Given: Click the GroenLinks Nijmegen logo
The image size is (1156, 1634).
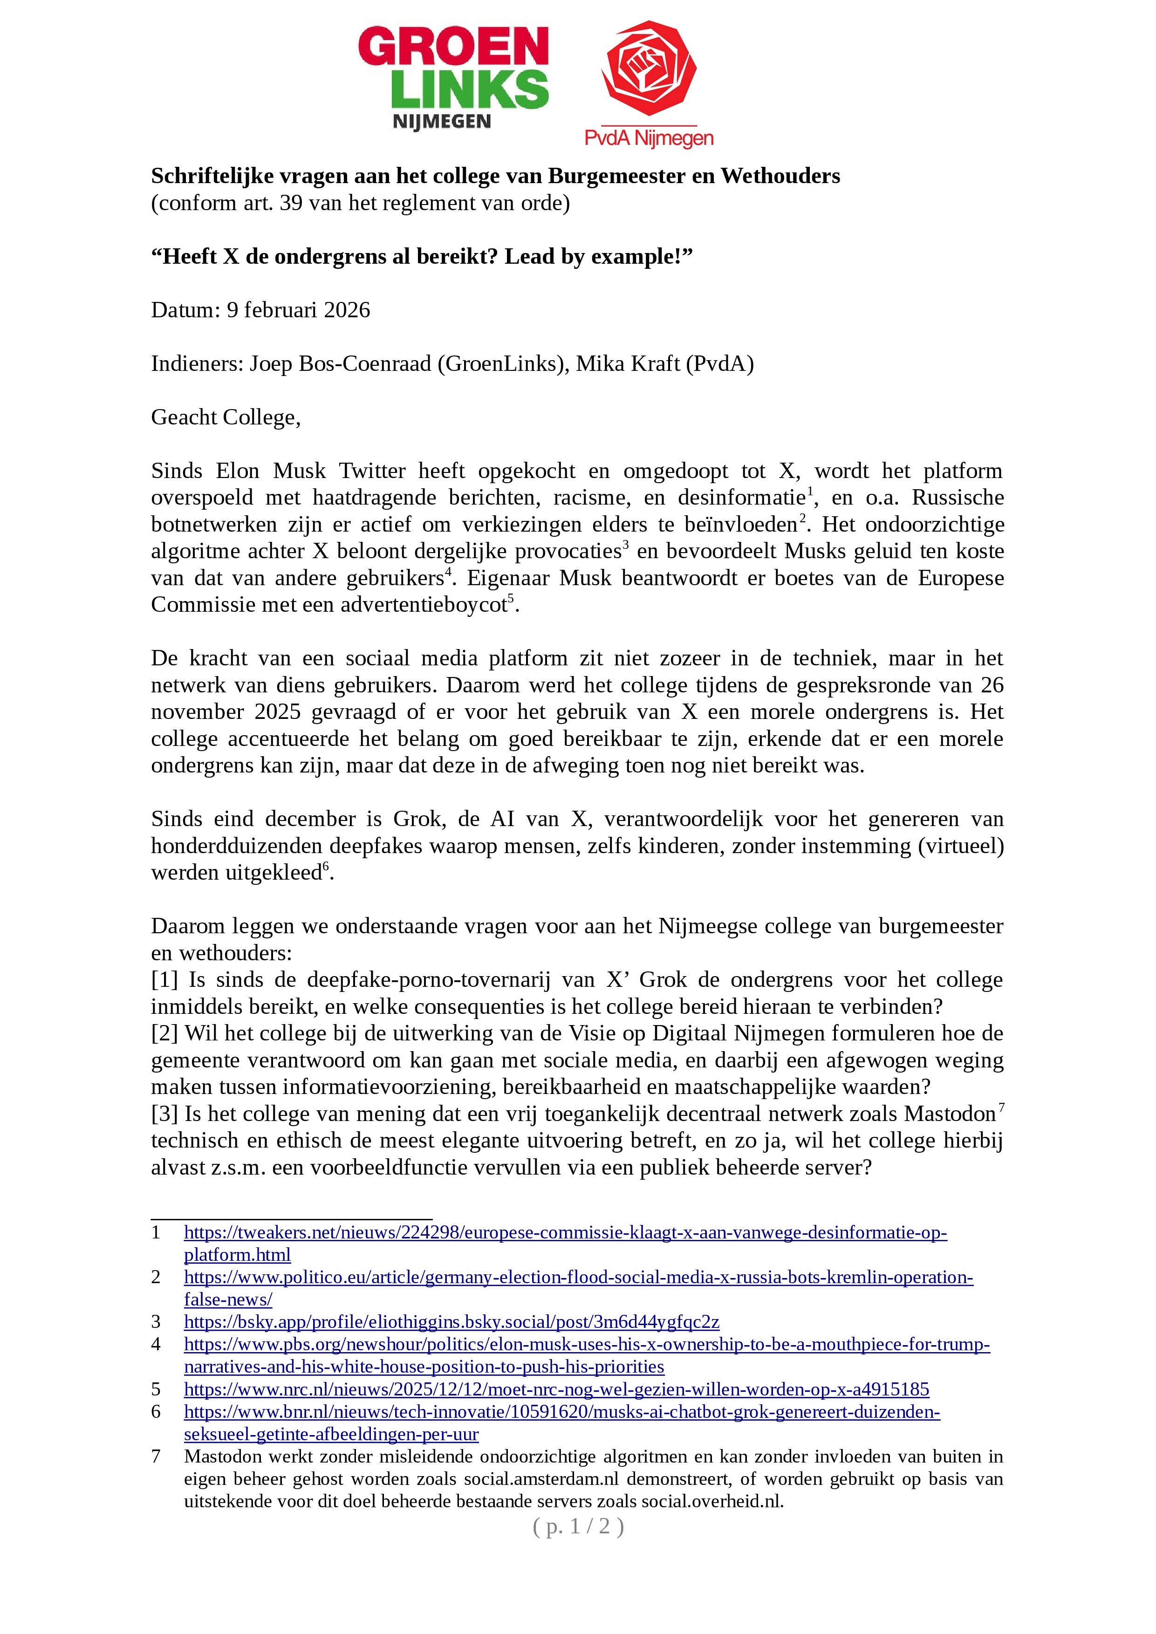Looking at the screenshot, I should (453, 78).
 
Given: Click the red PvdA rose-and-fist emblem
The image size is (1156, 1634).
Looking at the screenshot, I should (649, 69).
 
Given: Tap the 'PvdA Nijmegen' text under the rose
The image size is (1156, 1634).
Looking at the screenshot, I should (649, 137).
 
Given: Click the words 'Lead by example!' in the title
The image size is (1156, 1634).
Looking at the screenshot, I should (598, 256).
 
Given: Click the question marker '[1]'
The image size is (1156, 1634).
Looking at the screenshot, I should (164, 980).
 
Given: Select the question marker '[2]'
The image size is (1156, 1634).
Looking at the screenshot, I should (164, 1033).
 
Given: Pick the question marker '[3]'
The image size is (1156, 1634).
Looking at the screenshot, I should (164, 1114).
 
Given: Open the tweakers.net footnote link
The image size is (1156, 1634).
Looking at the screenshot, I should (565, 1233).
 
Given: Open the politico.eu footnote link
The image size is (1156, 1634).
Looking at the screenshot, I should (578, 1278).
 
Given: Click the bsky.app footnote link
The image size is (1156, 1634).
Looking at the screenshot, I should (451, 1322).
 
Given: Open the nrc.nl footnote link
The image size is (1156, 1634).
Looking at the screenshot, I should (556, 1389).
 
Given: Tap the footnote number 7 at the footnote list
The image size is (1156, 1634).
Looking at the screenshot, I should (156, 1457).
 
